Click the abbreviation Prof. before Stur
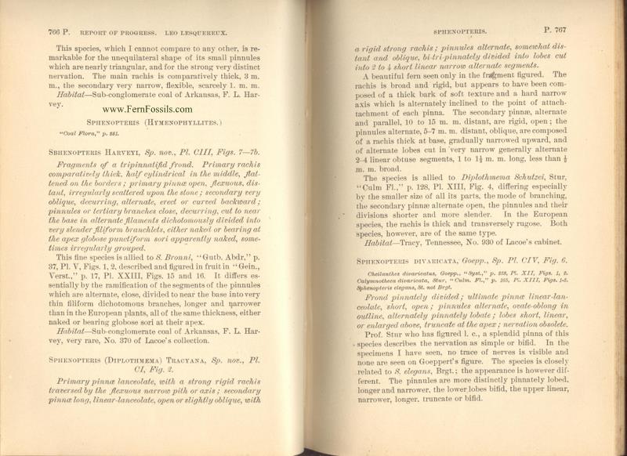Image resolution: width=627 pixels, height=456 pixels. (x=381, y=355)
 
